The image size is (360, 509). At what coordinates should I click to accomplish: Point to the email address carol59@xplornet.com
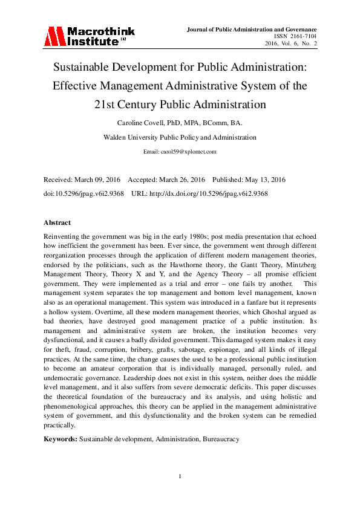point(180,152)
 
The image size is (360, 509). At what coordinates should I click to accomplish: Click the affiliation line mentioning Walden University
point(180,137)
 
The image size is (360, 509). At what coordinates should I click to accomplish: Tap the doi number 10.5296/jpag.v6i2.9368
point(88,193)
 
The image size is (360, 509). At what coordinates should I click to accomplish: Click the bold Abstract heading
point(57,222)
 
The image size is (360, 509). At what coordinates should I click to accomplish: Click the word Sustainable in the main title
point(84,67)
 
